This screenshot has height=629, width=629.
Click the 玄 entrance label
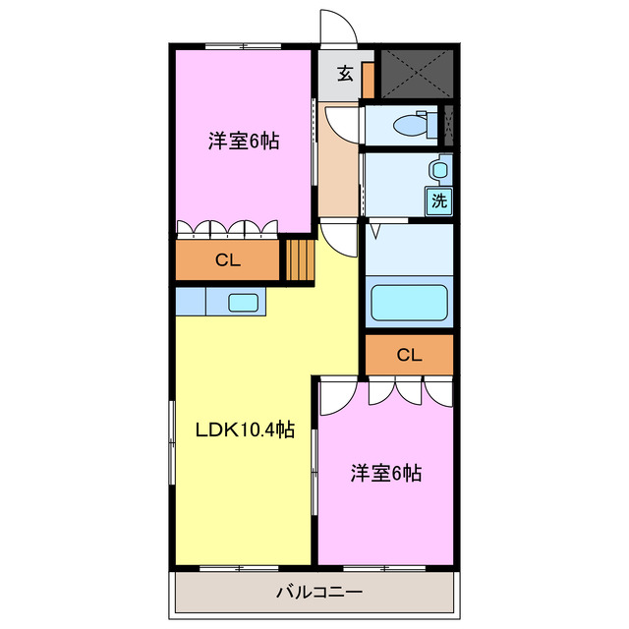[345, 73]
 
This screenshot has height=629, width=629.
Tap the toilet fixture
[405, 125]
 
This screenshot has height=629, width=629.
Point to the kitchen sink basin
[243, 302]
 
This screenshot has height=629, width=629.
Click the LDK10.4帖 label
[245, 429]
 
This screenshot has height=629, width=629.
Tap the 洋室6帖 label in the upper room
[244, 141]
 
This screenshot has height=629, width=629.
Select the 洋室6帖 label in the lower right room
[386, 474]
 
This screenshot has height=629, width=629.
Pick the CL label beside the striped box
[228, 260]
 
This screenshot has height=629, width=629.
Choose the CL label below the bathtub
[409, 355]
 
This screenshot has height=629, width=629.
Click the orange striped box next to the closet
[299, 260]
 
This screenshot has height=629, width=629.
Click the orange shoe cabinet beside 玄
[368, 79]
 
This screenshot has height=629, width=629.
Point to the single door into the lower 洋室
[334, 393]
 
